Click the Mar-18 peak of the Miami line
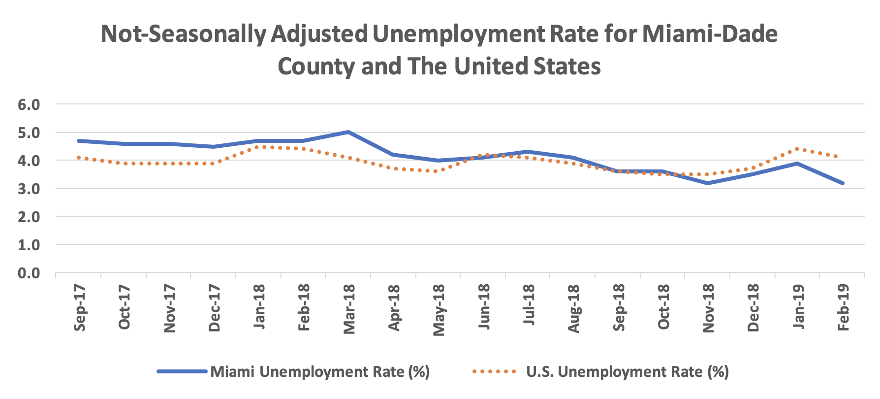coord(348,132)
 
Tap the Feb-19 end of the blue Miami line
coord(843,183)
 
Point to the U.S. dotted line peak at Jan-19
coord(797,149)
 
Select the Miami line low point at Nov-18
coord(708,183)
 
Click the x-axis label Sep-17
coord(79,308)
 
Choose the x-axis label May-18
coord(439,310)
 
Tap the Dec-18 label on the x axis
coord(753,308)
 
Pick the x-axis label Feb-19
coord(843,308)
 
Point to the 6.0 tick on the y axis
coord(29,104)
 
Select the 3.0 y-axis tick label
coord(29,189)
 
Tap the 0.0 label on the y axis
coord(29,273)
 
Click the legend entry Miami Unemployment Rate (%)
coord(320,371)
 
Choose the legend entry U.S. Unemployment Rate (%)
coord(627,371)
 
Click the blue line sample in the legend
coord(182,371)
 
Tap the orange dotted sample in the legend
coord(494,371)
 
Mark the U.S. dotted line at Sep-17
coord(79,158)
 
